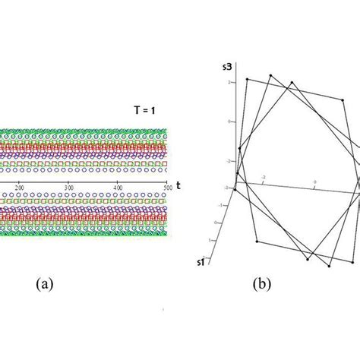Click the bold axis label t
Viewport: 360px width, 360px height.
pyautogui.click(x=177, y=185)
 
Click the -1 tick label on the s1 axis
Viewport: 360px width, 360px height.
pyautogui.click(x=220, y=206)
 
